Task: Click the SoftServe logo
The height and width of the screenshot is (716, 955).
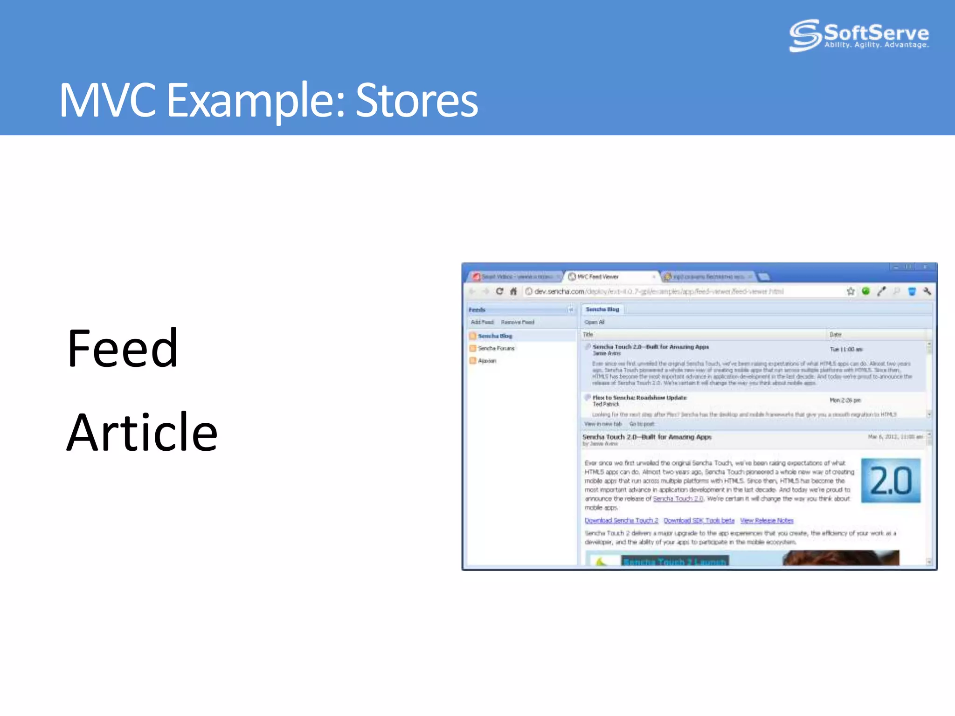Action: coord(859,35)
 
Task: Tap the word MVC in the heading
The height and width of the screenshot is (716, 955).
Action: coord(107,100)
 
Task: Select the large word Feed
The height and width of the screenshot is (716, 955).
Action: coord(123,349)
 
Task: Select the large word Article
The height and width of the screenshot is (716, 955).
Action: coord(142,433)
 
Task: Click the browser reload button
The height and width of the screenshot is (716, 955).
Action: coord(499,291)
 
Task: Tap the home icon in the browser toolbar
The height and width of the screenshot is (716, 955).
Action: coord(513,291)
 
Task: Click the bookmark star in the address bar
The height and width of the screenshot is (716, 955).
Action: coord(851,291)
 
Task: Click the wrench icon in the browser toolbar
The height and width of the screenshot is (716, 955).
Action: coord(927,291)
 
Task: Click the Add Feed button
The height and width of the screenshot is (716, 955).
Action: coord(482,322)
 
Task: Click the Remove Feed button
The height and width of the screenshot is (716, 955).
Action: coord(518,322)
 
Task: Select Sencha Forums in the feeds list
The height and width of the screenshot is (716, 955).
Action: coord(496,348)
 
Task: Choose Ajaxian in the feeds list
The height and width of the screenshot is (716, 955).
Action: coord(487,361)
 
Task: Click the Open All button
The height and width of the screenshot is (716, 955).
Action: coord(595,322)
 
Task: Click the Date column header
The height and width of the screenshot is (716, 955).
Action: coord(836,335)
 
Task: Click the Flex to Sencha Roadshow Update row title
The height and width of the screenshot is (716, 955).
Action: coord(639,398)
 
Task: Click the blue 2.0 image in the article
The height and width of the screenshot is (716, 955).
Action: coord(891,481)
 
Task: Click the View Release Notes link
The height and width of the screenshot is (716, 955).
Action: coord(767,521)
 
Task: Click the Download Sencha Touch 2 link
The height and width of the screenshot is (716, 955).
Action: coord(621,521)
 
